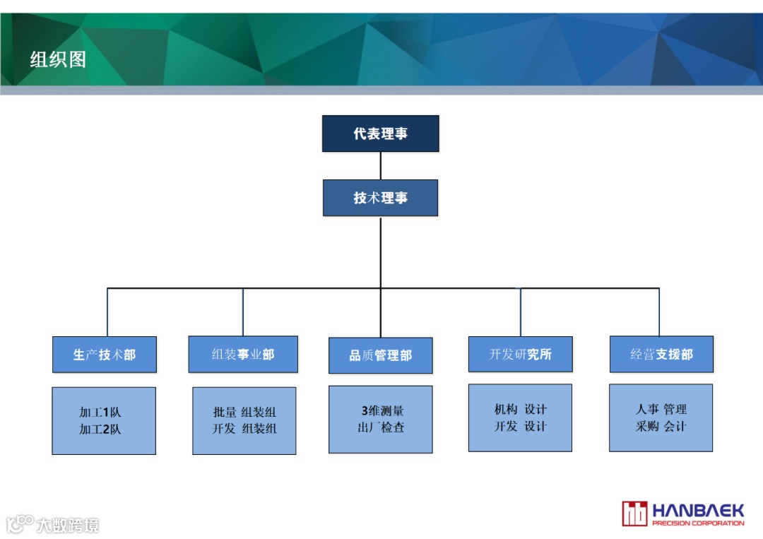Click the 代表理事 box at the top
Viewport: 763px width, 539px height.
380,134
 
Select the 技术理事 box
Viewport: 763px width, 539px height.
380,198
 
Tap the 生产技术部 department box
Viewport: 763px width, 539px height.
105,355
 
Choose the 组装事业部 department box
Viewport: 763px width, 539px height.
243,354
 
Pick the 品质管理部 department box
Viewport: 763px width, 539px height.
380,355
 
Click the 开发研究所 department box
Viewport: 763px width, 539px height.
520,354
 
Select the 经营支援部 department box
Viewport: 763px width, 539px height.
661,354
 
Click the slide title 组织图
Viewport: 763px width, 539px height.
58,59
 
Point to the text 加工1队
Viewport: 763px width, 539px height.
100,413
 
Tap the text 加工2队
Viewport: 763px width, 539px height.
100,429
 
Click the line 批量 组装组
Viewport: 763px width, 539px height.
244,413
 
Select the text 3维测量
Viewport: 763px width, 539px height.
381,410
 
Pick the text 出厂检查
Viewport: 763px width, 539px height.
381,427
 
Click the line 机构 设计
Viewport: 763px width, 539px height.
520,410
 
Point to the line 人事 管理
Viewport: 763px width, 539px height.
661,409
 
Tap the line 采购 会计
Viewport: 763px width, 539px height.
661,426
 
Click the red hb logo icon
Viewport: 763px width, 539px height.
634,514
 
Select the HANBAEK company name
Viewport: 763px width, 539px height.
698,510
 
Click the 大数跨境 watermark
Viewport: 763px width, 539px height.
67,525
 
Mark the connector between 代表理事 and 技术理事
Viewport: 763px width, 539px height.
380,166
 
